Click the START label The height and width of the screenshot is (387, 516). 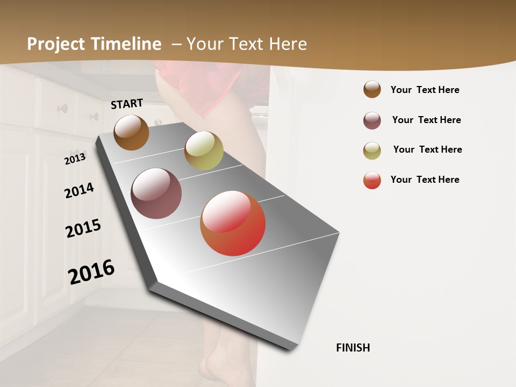pos(127,104)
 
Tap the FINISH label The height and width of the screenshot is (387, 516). pos(353,348)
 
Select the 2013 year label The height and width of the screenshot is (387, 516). pos(75,159)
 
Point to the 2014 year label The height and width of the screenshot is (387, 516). pos(79,190)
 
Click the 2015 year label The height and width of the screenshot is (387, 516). pos(83,228)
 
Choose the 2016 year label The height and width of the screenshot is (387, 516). pos(91,272)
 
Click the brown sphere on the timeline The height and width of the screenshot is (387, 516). pos(131,133)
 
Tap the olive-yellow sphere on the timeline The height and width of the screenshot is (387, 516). pos(204,150)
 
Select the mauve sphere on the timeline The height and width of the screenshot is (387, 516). pos(156,193)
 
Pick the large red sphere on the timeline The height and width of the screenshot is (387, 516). pos(233,223)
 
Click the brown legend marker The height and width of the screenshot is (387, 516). pos(372,89)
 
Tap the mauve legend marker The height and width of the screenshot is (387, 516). pos(372,120)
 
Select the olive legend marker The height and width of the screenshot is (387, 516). pos(372,150)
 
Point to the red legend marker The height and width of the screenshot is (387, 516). pos(372,180)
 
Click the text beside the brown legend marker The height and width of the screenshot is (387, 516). pos(425,90)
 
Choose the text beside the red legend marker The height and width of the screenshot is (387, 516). pos(425,180)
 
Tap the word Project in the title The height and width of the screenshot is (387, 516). pos(56,44)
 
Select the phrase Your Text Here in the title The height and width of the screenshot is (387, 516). pos(247,44)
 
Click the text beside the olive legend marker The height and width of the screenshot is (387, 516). pos(427,149)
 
